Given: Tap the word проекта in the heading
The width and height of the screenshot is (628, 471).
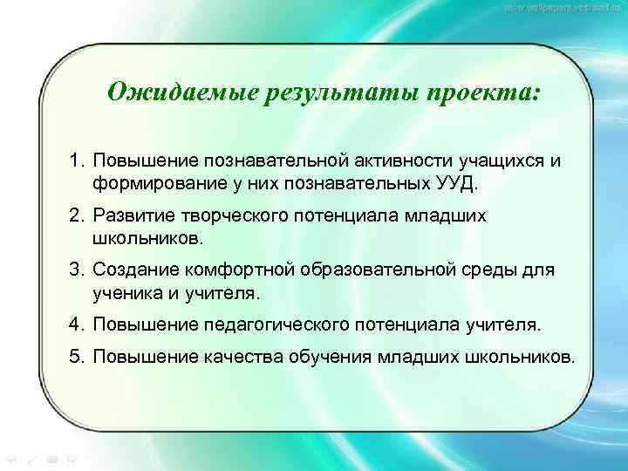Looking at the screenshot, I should pyautogui.click(x=475, y=92).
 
